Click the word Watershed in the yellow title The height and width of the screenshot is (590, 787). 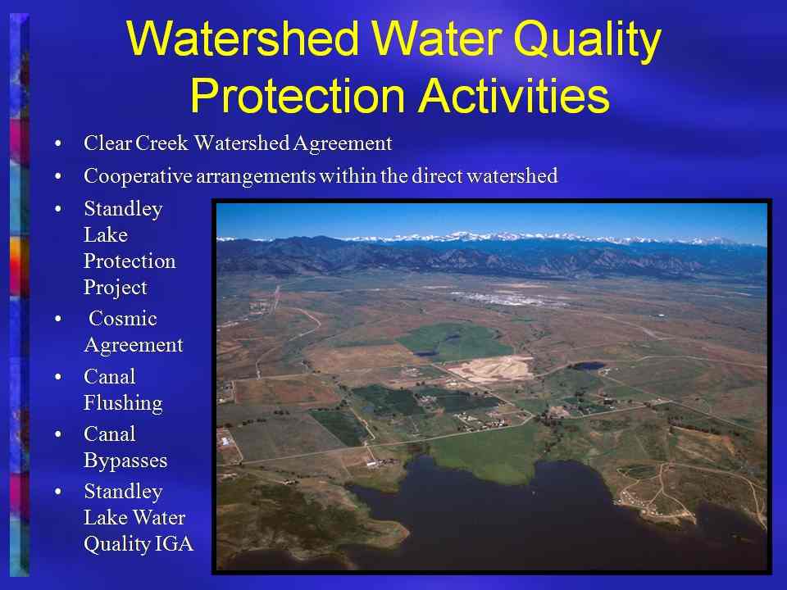point(243,39)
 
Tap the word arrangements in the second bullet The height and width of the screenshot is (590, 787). point(256,177)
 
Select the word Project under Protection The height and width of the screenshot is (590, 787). point(116,288)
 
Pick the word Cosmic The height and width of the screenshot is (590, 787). point(123,319)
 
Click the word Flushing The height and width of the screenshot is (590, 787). point(123,403)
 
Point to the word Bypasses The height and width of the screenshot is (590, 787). point(125,461)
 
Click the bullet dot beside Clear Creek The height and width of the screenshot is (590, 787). point(58,144)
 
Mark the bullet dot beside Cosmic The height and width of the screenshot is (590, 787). point(58,319)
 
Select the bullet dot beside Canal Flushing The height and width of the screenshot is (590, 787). point(58,377)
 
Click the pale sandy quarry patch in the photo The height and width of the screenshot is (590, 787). point(492,370)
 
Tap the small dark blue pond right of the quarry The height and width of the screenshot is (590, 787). point(589,365)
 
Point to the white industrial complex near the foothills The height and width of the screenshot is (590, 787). point(507,299)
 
